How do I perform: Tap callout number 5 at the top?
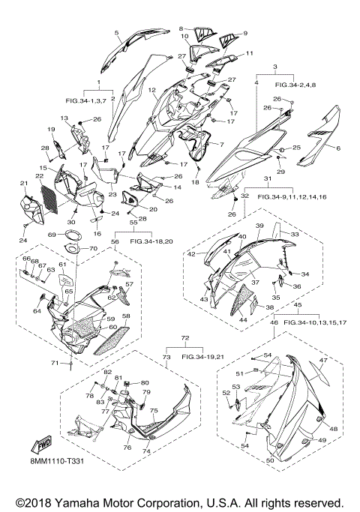pyautogui.click(x=116, y=32)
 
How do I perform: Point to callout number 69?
pyautogui.click(x=52, y=235)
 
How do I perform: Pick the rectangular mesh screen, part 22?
pyautogui.click(x=49, y=196)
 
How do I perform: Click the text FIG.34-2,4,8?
pyautogui.click(x=295, y=85)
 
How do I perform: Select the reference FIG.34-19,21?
pyautogui.click(x=202, y=357)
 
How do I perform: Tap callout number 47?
pyautogui.click(x=323, y=361)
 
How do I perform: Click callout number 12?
pyautogui.click(x=151, y=89)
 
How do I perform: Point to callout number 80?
pyautogui.click(x=145, y=383)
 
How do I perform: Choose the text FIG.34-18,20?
pyautogui.click(x=151, y=241)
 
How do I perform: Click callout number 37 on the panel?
pyautogui.click(x=255, y=282)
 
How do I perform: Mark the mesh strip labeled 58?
pyautogui.click(x=112, y=340)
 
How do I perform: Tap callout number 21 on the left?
pyautogui.click(x=24, y=184)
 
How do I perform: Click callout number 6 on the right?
pyautogui.click(x=338, y=148)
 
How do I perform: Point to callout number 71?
pyautogui.click(x=55, y=363)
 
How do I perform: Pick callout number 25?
pyautogui.click(x=296, y=148)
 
